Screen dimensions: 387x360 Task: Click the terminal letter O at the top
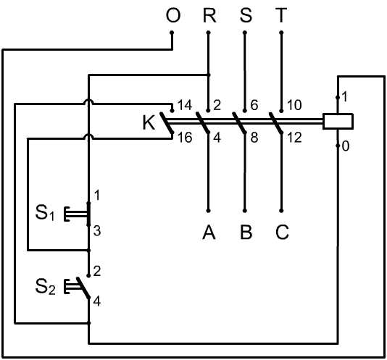click(x=173, y=15)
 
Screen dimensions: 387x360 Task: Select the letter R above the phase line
click(x=209, y=15)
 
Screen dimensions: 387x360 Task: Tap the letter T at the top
click(x=281, y=15)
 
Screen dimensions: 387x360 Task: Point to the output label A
click(x=209, y=233)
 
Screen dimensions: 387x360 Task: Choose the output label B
click(x=246, y=233)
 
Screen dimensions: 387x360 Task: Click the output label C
click(x=282, y=233)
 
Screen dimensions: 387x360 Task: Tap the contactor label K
click(x=149, y=123)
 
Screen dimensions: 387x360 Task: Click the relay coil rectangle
click(x=338, y=121)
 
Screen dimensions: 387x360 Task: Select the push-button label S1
click(x=45, y=213)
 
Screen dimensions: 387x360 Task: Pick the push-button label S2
click(x=46, y=287)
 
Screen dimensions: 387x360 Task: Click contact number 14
click(x=185, y=105)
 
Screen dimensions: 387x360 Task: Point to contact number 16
click(x=185, y=138)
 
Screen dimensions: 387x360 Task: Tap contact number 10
click(x=294, y=105)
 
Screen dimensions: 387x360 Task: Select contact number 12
click(x=294, y=138)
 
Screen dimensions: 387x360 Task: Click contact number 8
click(x=254, y=138)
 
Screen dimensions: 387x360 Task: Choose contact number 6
click(x=254, y=105)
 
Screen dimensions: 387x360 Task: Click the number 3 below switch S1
click(x=97, y=231)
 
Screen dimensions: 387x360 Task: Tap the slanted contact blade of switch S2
click(x=83, y=288)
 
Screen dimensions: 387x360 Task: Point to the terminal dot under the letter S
click(x=245, y=33)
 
